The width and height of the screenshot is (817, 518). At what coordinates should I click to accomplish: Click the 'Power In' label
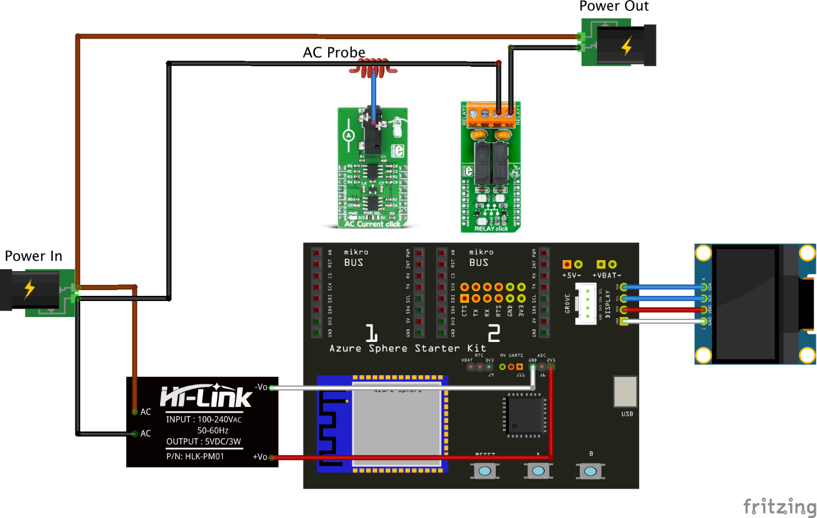point(33,256)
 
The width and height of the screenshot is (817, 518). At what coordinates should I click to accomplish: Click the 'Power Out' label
point(614,6)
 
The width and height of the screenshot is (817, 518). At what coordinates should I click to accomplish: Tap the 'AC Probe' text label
point(334,52)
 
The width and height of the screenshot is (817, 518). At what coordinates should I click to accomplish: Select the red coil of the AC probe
point(374,68)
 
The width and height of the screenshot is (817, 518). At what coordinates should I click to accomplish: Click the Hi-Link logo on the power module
point(206,396)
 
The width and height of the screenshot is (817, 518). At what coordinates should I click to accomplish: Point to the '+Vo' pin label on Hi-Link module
point(260,457)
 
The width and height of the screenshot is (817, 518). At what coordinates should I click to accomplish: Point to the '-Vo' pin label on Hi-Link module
point(261,387)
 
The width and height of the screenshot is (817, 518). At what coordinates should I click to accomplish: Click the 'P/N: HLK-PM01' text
point(195,456)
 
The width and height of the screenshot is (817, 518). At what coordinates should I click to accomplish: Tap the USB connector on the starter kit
point(625,392)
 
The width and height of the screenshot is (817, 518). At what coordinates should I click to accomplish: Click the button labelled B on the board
point(591,471)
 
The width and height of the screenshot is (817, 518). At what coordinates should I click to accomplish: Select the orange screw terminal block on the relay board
point(491,115)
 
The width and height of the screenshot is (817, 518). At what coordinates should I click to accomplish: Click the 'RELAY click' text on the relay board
point(491,228)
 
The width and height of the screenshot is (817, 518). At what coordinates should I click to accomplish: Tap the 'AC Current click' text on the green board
point(372,224)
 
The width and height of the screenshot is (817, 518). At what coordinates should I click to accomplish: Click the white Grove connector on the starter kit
point(587,304)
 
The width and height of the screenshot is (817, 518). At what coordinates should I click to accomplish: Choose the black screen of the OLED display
point(746,303)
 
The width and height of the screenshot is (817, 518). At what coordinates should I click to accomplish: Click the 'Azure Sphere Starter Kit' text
point(408,348)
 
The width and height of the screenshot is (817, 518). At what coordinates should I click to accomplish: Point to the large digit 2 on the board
point(494,333)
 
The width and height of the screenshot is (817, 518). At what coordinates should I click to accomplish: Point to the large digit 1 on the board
point(371,333)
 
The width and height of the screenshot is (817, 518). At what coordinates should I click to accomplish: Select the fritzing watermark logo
point(780,506)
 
